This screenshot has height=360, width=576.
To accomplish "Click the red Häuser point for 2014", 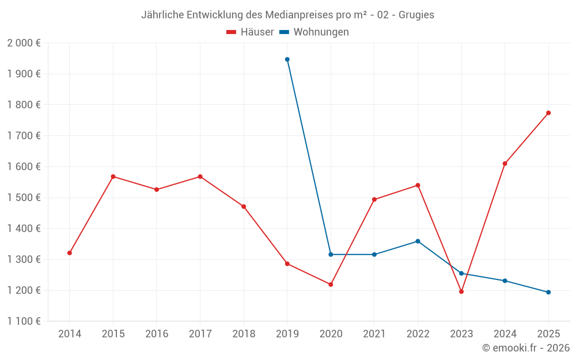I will (x=70, y=253).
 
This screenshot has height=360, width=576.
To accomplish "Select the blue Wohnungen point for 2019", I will (x=287, y=59).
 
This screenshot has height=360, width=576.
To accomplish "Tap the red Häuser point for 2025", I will (x=548, y=113).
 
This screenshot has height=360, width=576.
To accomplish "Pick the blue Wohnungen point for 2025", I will (x=548, y=292).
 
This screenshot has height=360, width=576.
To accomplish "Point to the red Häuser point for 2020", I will (x=331, y=285).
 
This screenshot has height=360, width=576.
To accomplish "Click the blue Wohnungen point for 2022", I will (x=418, y=241).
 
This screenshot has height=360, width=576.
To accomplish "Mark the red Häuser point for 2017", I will (x=200, y=176).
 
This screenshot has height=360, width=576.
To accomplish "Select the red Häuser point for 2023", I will (x=461, y=291).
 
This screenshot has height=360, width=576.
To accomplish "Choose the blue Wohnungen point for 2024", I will (x=505, y=281).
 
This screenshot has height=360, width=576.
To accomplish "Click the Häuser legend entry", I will (x=251, y=32).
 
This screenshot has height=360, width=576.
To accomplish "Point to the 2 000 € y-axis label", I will (x=24, y=43).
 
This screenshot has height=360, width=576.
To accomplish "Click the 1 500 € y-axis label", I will (x=24, y=198).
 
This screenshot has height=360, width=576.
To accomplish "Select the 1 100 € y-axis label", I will (x=24, y=321).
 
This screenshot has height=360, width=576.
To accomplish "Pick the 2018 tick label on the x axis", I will (x=244, y=334).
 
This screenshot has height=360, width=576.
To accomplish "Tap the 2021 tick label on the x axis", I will (x=374, y=334).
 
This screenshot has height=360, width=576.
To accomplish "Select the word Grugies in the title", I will (x=416, y=15).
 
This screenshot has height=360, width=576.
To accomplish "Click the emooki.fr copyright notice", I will (x=526, y=348).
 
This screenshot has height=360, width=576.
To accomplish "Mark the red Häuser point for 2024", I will (x=505, y=164).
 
